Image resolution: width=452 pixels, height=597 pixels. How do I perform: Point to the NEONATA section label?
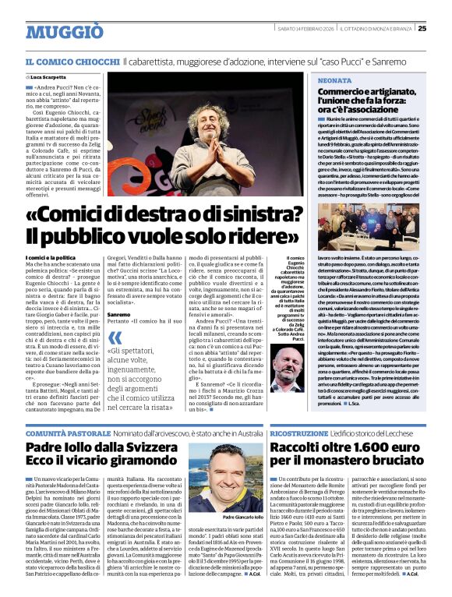(334, 80)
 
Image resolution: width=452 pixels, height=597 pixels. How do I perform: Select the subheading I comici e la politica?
(50, 256)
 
